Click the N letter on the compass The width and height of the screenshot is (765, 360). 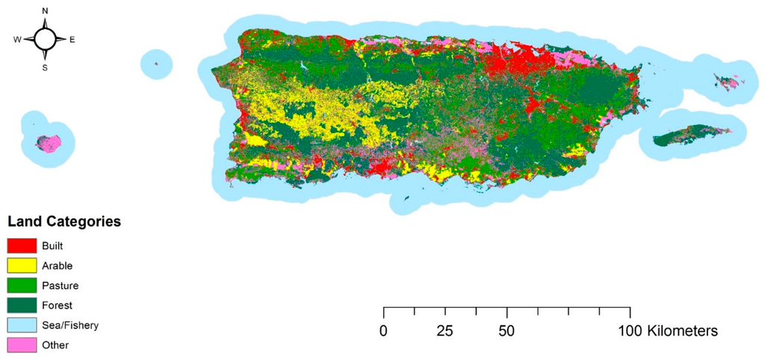pyautogui.click(x=45, y=11)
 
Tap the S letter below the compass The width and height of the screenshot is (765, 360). pyautogui.click(x=45, y=67)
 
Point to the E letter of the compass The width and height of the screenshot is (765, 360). pyautogui.click(x=72, y=40)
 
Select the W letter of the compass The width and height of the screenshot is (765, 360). pyautogui.click(x=16, y=40)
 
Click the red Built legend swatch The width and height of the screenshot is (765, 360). pyautogui.click(x=22, y=245)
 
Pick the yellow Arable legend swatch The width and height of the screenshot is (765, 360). pyautogui.click(x=22, y=265)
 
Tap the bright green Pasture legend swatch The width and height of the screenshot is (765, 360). pyautogui.click(x=22, y=285)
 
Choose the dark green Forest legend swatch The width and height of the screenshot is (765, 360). pyautogui.click(x=22, y=305)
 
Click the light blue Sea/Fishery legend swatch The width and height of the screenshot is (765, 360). pyautogui.click(x=22, y=326)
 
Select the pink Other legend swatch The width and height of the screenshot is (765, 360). pyautogui.click(x=22, y=345)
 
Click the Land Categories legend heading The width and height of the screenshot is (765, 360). pyautogui.click(x=64, y=222)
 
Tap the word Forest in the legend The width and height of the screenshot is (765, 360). pyautogui.click(x=58, y=305)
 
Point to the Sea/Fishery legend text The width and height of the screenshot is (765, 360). pyautogui.click(x=71, y=326)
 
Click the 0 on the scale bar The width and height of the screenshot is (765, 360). pyautogui.click(x=383, y=330)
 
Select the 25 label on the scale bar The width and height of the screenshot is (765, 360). pyautogui.click(x=445, y=330)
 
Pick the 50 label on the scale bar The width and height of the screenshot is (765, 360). pyautogui.click(x=507, y=330)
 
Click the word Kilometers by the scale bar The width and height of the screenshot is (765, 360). pyautogui.click(x=683, y=330)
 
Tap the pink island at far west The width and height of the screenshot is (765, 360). pyautogui.click(x=49, y=143)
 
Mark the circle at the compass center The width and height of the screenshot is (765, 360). pyautogui.click(x=45, y=40)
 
